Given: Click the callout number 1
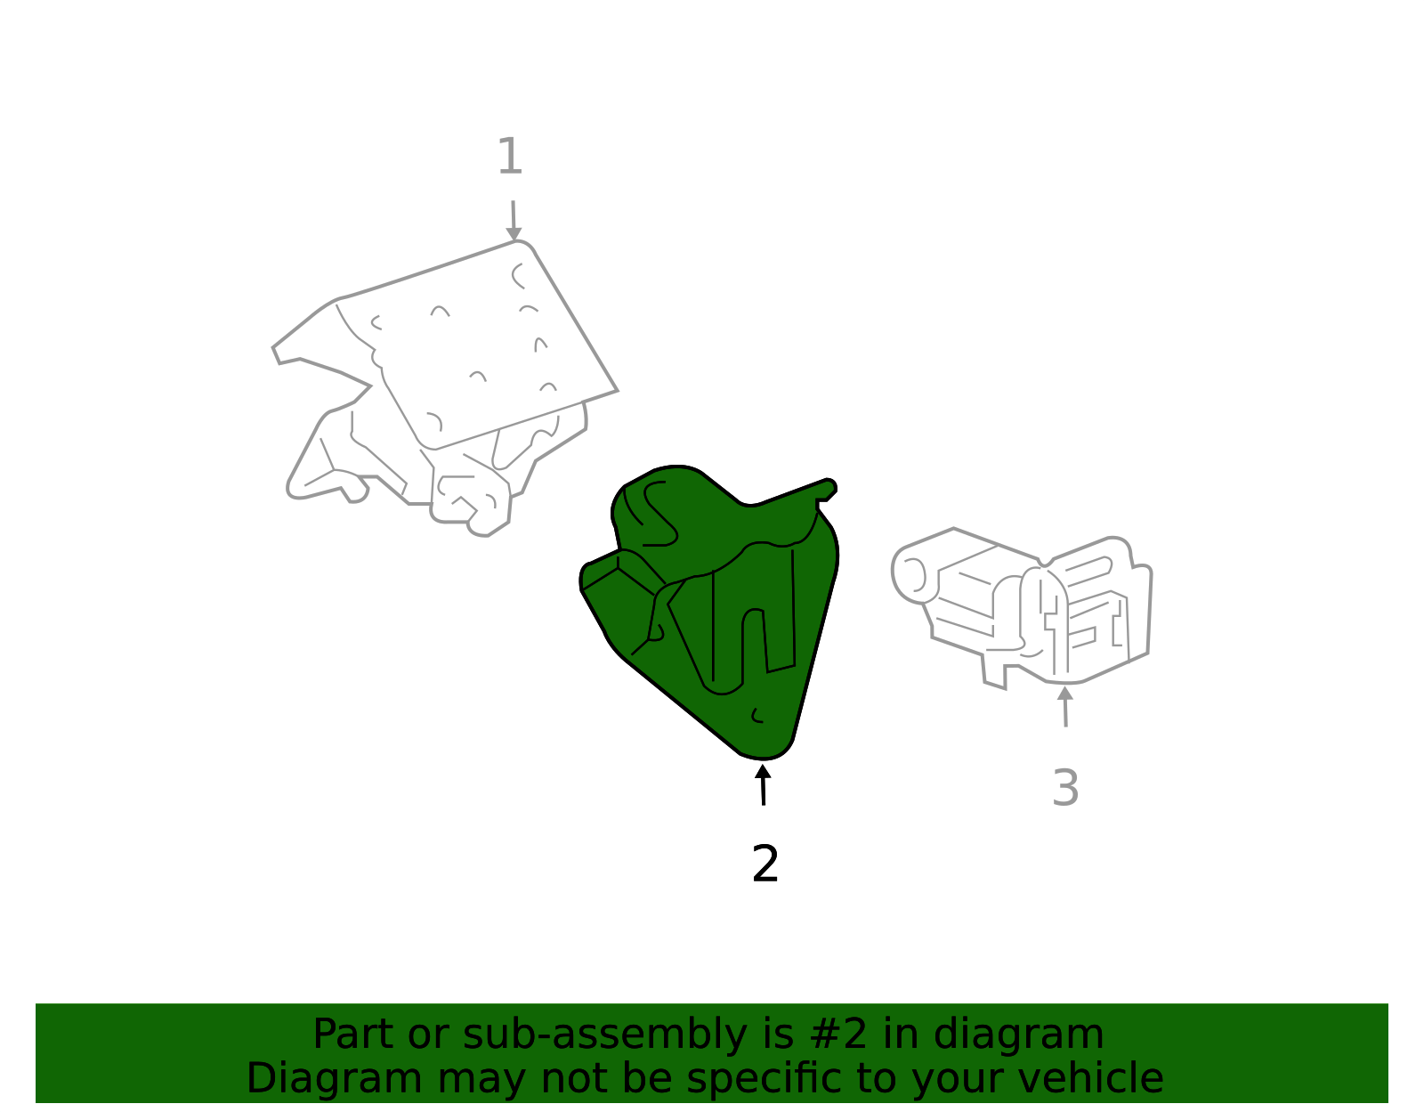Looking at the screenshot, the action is [510, 157].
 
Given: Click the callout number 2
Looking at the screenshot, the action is [765, 863].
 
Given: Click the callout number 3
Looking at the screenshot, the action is [1065, 787].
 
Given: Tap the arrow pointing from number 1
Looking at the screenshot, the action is [514, 220].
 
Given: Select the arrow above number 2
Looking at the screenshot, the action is [763, 784].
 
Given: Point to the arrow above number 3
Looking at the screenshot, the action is [1065, 706].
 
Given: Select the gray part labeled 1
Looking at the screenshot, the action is [446, 386].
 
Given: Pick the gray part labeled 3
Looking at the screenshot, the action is [1023, 609].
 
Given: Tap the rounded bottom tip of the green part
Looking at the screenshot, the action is [765, 753].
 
